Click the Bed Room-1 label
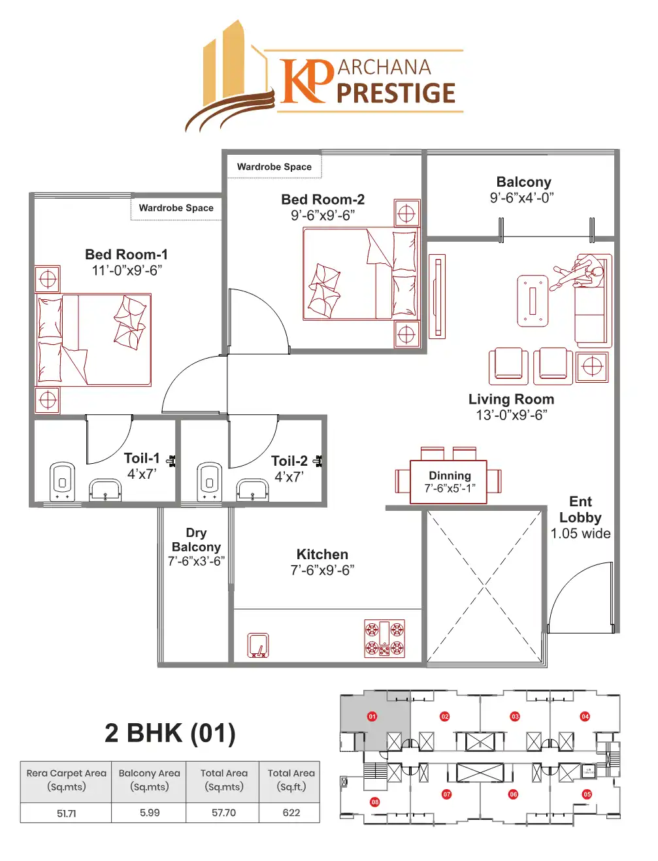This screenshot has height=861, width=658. (x=126, y=255)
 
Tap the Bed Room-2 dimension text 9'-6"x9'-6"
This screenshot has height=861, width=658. (x=323, y=216)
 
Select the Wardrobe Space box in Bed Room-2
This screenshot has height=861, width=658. (x=274, y=167)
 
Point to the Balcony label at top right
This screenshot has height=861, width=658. (x=523, y=182)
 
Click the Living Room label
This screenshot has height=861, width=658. (x=511, y=399)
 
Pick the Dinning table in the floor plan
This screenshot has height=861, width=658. (x=448, y=482)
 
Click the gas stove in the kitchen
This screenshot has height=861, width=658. (x=384, y=638)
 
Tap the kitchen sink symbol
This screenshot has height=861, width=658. (x=258, y=645)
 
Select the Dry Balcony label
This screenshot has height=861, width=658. (x=196, y=540)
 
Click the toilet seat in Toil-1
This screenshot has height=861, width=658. (x=62, y=481)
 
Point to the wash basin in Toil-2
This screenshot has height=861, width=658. (x=252, y=490)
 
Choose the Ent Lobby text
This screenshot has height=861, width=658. (x=580, y=510)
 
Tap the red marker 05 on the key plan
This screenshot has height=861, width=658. (x=587, y=794)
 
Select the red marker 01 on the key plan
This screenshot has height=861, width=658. (x=372, y=717)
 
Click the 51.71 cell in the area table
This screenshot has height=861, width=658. (x=66, y=813)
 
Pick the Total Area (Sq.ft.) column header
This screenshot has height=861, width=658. (x=291, y=779)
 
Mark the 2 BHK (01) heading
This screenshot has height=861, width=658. (x=170, y=733)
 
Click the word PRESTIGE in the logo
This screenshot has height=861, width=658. (x=395, y=93)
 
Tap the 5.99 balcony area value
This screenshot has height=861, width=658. (x=150, y=813)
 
